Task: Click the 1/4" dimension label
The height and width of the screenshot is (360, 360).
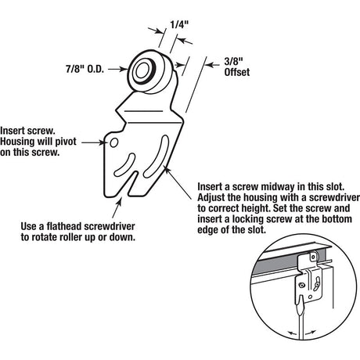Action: point(179,25)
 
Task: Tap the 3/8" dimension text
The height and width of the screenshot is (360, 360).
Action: point(234,62)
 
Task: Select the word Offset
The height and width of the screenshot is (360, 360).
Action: point(237,72)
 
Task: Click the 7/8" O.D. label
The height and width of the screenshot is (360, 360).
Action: point(85,69)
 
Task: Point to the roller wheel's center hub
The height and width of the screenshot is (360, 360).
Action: point(142,70)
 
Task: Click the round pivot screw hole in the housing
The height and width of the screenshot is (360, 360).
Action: point(113,142)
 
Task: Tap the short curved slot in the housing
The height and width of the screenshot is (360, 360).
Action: point(125,164)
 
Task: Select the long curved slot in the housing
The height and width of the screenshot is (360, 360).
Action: point(157,156)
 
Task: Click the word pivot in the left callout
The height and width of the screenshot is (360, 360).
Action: point(65,142)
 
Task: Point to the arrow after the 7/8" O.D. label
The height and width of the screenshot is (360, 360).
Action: point(117,69)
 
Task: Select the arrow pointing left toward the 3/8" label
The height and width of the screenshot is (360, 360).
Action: point(213,64)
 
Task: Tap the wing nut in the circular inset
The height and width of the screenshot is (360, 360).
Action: point(317,282)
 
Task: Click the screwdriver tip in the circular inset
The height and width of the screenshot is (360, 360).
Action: point(301,303)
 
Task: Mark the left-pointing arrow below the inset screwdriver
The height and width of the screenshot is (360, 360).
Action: point(292,333)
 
